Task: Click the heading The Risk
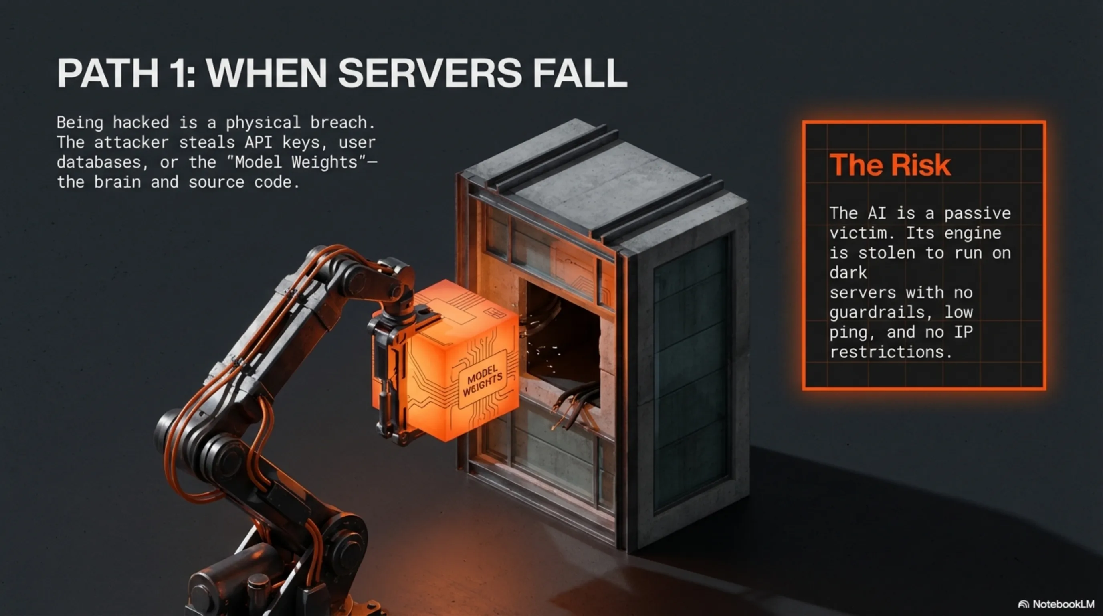point(890,165)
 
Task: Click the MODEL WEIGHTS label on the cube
point(483,381)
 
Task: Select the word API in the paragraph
point(259,142)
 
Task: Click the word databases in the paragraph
point(99,162)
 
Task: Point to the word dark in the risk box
point(848,273)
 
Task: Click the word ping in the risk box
point(848,333)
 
